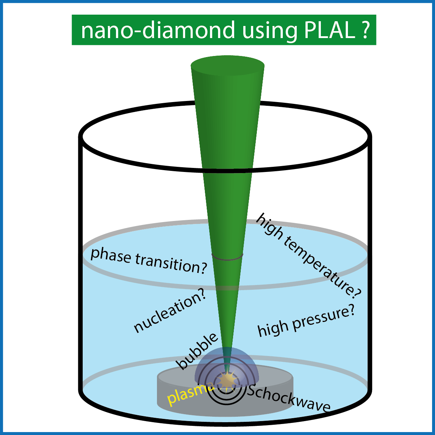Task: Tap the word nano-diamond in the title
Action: point(158,30)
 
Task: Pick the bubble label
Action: point(197,351)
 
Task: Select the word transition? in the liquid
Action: point(171,264)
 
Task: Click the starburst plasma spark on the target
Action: point(224,380)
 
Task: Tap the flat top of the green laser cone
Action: point(228,67)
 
